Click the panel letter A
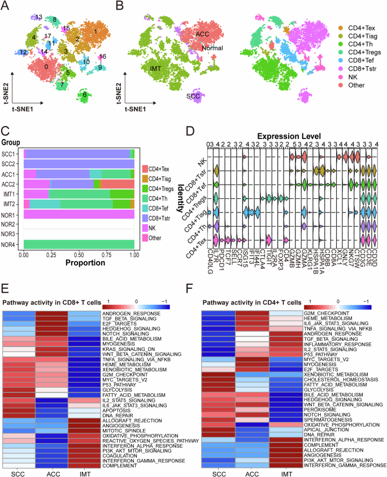(7, 6)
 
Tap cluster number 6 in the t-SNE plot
(85, 95)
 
